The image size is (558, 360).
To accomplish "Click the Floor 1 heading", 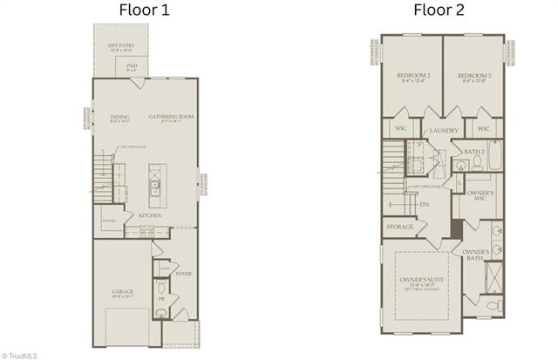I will click(146, 11).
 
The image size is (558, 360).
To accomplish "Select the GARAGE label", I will click(121, 292).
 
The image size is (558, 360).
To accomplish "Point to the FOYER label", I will click(183, 274).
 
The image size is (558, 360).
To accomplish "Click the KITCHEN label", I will click(149, 215).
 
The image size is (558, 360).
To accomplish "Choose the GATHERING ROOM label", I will click(170, 116).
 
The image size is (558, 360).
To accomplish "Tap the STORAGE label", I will click(400, 228).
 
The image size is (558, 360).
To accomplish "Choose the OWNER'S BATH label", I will click(476, 255).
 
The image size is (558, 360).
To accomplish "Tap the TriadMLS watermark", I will click(20, 355).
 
